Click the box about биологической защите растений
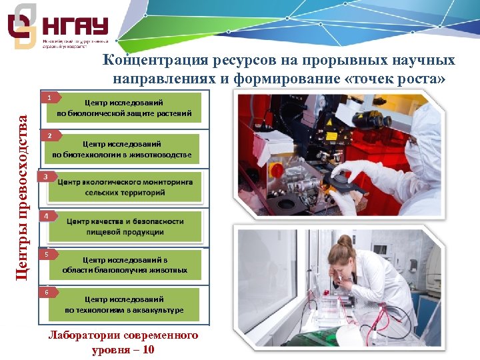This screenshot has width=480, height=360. pos(124,108)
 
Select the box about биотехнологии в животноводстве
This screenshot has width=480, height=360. pos(124,149)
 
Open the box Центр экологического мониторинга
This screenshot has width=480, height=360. pos(125,187)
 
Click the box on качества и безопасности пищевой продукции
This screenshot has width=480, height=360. pos(125,227)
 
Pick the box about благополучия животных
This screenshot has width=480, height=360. pos(125,265)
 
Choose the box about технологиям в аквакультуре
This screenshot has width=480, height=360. pos(124,305)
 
